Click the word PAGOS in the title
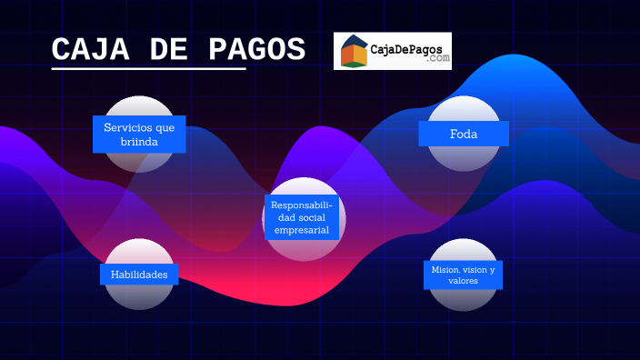[258, 50]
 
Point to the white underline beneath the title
[149, 68]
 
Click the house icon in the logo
[354, 52]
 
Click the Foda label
[464, 134]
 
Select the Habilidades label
[139, 274]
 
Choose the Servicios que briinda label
[139, 135]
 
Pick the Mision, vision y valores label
[463, 275]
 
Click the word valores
[463, 282]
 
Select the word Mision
[444, 270]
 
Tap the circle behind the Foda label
[464, 109]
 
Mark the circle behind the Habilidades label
[139, 295]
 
